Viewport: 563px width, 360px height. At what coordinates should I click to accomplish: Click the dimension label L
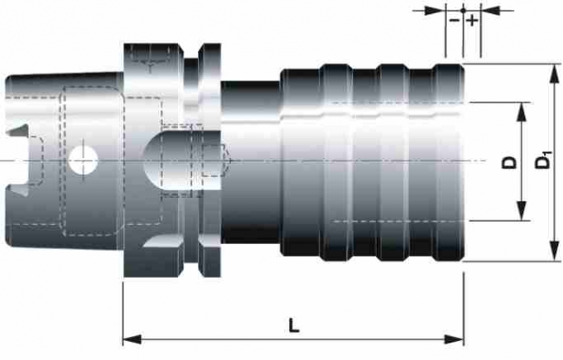point(294,325)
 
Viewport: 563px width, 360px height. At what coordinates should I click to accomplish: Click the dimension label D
point(509,162)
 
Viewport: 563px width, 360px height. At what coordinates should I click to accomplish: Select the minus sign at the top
point(455,20)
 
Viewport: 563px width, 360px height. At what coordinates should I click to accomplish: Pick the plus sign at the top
point(472,21)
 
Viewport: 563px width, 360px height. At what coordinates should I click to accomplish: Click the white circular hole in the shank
point(83,160)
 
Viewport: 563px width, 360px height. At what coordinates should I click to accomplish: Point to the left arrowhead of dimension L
point(132,338)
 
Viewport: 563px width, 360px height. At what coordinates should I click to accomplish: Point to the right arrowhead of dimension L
point(455,338)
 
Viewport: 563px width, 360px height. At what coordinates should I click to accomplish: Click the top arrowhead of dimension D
point(522,112)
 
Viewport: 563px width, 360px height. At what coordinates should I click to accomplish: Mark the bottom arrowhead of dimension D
point(522,211)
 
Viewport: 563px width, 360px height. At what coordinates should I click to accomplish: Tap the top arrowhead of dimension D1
point(555,73)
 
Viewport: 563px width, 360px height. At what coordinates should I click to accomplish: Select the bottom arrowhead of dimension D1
point(555,252)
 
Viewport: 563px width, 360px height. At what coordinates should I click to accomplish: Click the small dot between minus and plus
point(463,11)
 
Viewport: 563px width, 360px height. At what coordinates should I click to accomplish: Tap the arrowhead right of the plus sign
point(490,11)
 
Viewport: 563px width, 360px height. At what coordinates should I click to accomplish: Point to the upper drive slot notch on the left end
point(17,131)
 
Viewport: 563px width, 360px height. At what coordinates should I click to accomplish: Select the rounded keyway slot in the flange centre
point(182,160)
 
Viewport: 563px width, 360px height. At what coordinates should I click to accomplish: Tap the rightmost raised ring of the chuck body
point(450,162)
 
